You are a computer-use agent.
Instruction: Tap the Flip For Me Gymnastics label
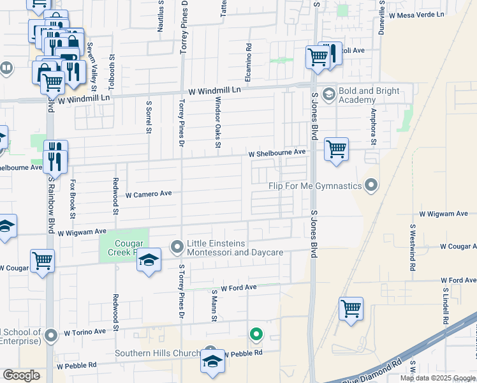click(x=316, y=186)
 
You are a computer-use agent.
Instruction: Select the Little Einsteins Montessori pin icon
click(x=177, y=246)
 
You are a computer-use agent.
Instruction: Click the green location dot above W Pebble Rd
click(x=256, y=334)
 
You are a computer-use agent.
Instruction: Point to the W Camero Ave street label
click(x=149, y=194)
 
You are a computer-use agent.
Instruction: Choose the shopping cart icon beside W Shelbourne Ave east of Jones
click(x=336, y=149)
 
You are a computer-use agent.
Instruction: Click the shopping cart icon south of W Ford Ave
click(x=351, y=309)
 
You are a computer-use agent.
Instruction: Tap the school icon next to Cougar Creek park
click(x=149, y=260)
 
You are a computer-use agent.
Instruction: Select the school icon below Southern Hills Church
click(x=212, y=361)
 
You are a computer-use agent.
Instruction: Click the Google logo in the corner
click(x=22, y=375)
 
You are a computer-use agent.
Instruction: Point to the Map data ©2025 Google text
click(x=437, y=378)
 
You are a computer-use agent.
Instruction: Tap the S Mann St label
click(x=215, y=306)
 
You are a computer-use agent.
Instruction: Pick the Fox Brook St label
click(x=73, y=195)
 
